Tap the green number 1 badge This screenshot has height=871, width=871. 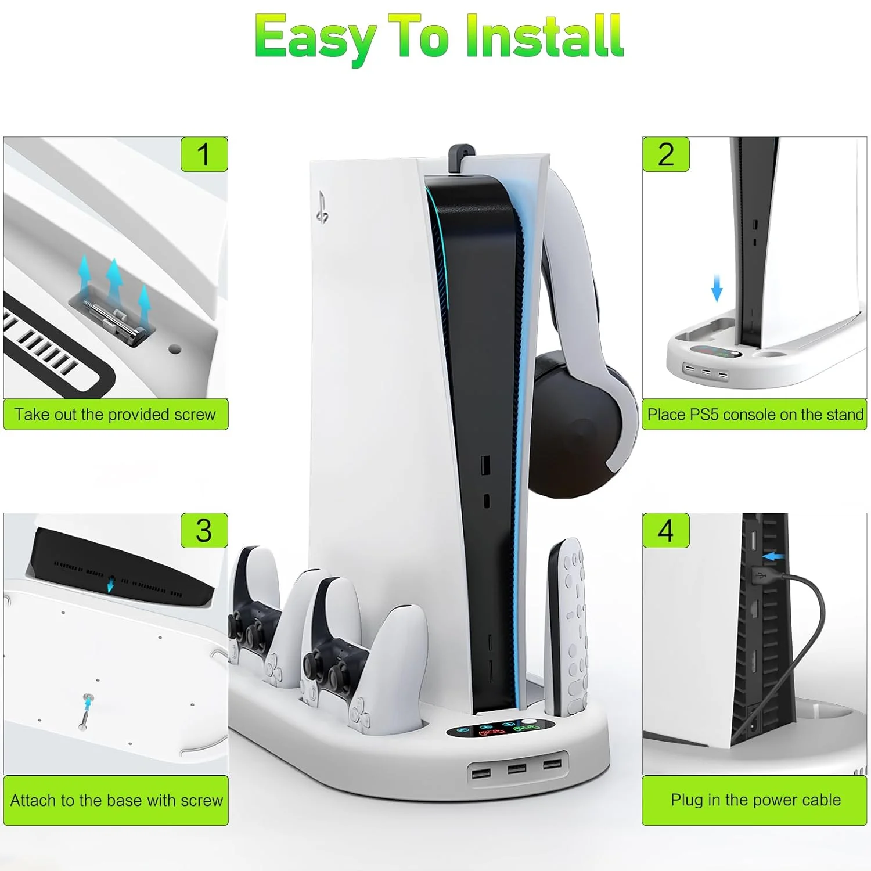pyautogui.click(x=204, y=154)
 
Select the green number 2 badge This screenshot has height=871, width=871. pyautogui.click(x=666, y=154)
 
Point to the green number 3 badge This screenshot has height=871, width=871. pyautogui.click(x=204, y=530)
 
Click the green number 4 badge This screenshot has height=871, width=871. pyautogui.click(x=666, y=530)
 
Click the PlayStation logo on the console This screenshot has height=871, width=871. pyautogui.click(x=322, y=207)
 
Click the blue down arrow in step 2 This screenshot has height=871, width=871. pyautogui.click(x=717, y=288)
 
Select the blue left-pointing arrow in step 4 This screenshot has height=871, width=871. pyautogui.click(x=773, y=557)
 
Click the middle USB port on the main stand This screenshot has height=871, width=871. pyautogui.click(x=516, y=769)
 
